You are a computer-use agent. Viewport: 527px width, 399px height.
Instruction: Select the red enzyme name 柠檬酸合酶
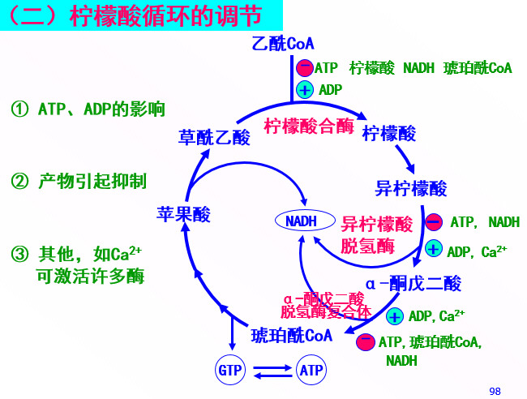point(309,127)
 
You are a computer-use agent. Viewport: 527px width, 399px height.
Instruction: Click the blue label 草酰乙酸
point(214,137)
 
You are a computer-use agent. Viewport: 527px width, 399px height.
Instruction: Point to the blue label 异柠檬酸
point(411,189)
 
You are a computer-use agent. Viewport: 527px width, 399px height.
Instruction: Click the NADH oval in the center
point(301,220)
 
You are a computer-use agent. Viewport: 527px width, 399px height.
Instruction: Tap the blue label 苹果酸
point(183,214)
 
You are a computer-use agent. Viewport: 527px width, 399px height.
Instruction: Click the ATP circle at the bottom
point(311,371)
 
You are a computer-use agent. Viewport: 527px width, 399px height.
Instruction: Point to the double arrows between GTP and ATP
point(271,371)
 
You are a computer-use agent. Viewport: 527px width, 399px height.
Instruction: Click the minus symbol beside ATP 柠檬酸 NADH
point(304,68)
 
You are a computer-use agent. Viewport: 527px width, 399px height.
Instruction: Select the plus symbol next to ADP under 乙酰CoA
point(305,89)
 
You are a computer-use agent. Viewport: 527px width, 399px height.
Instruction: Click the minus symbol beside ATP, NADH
point(433,221)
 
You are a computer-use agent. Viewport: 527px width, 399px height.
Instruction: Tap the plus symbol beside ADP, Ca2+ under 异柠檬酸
point(434,250)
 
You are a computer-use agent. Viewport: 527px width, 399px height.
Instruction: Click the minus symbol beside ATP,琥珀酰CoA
point(365,341)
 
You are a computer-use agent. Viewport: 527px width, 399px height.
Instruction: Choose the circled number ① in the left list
point(19,109)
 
